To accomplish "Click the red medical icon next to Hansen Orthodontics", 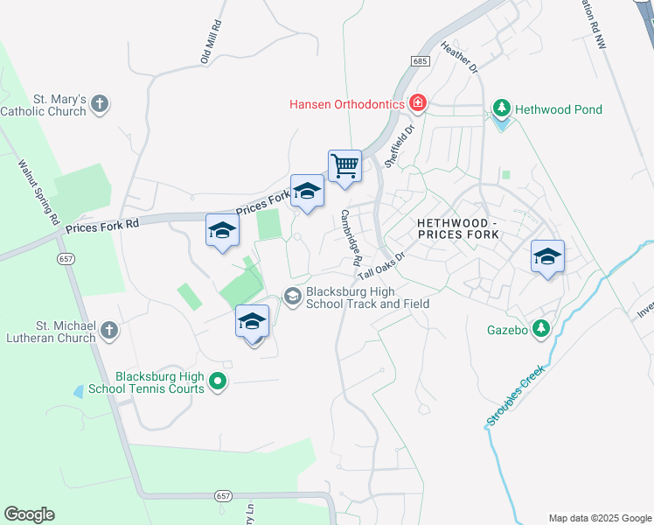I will click(418, 104).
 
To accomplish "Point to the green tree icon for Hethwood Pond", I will click(502, 109).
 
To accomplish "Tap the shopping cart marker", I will click(345, 165).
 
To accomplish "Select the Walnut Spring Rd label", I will click(38, 191).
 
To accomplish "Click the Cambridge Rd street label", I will click(351, 237).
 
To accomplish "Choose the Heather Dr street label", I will click(460, 56).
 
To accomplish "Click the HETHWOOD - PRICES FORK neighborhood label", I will click(457, 229).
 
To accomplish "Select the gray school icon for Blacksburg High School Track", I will click(293, 297).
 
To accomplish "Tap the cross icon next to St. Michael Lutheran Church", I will click(108, 331).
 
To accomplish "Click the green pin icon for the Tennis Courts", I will click(219, 381).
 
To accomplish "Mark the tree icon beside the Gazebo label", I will click(542, 329).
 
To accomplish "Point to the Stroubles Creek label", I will click(516, 395).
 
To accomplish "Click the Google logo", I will click(29, 514).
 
